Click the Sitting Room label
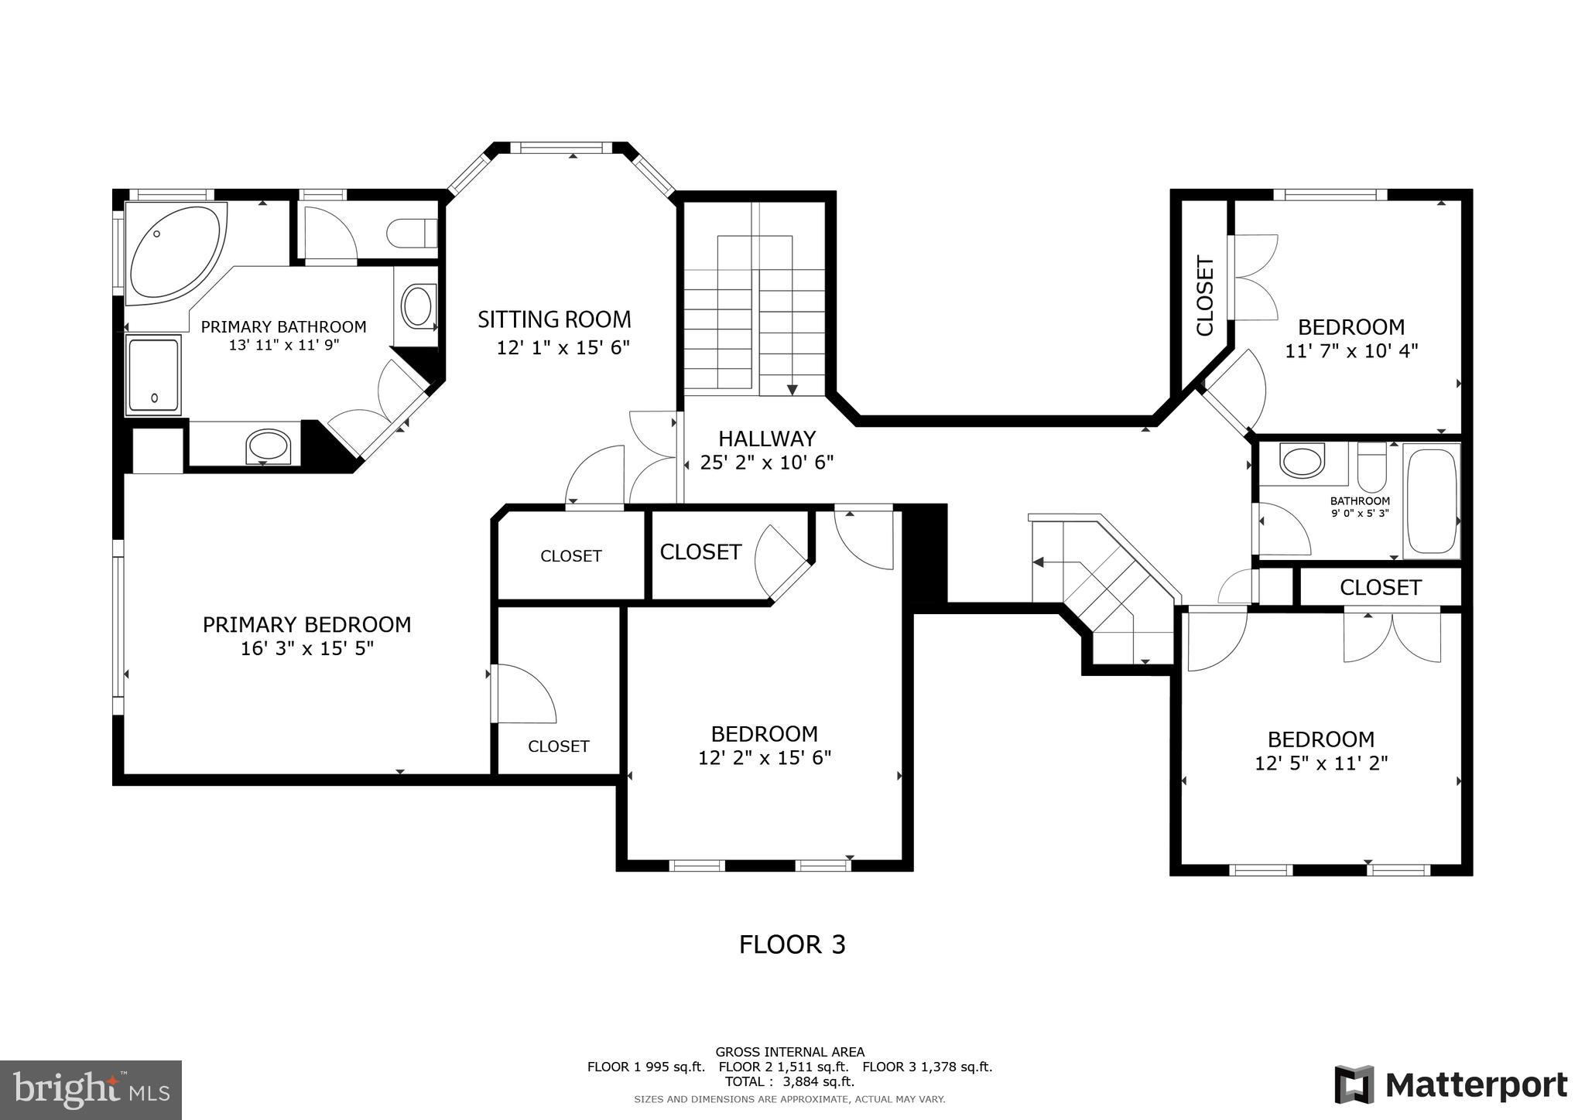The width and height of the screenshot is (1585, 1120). [x=554, y=319]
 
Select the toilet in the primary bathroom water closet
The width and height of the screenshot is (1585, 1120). [x=411, y=232]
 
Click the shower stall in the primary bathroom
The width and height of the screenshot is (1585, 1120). [x=153, y=374]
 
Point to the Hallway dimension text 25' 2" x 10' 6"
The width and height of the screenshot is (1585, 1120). [x=766, y=463]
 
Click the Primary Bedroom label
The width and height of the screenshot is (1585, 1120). [x=306, y=624]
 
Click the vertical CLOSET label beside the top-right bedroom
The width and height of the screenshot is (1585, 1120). [x=1205, y=296]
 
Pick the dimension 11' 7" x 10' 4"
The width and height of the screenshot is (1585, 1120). [x=1351, y=351]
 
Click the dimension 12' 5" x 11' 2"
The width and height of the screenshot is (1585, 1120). [x=1321, y=763]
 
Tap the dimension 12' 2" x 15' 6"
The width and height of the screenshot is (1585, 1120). [x=765, y=757]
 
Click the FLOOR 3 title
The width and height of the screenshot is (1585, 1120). [x=792, y=944]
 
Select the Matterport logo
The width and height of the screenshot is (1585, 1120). [x=1450, y=1085]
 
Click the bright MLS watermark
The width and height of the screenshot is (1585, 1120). [x=91, y=1090]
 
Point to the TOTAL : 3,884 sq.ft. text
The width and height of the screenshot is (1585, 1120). [x=789, y=1081]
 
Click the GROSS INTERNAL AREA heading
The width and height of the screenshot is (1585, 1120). [x=789, y=1052]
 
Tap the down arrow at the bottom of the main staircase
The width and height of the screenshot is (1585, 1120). [x=792, y=389]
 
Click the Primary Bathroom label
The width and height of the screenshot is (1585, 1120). [x=283, y=327]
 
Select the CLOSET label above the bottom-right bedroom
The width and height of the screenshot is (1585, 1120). [x=1380, y=588]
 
